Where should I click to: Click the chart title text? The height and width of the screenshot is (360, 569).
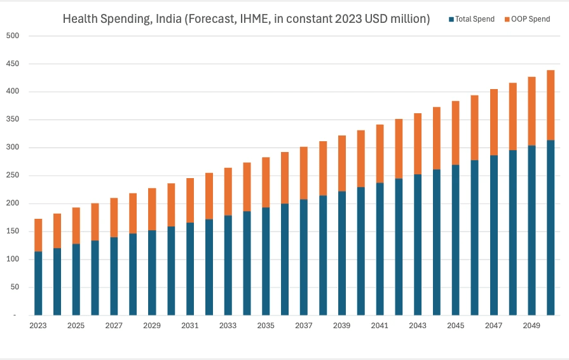246,19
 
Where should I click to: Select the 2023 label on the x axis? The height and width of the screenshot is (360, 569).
38,326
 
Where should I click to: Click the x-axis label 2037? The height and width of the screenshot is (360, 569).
304,326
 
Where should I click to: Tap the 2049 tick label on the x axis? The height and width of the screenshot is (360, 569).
532,326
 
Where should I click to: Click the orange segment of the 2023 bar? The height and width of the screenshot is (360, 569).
38,235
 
